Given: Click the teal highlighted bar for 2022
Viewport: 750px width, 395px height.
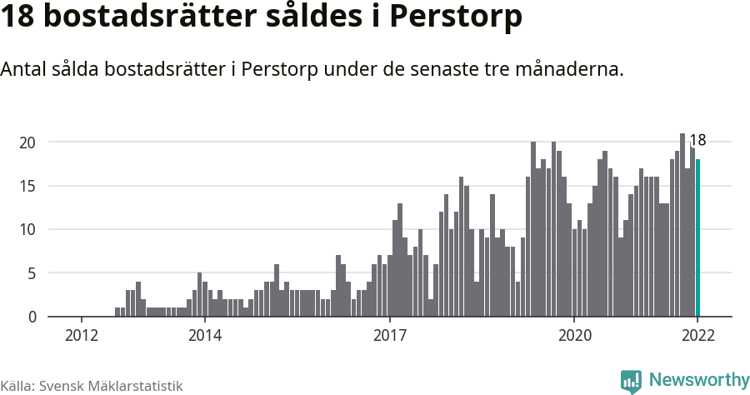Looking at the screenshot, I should coord(698,237).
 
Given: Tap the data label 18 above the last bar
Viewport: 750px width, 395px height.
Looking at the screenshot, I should coord(697,141).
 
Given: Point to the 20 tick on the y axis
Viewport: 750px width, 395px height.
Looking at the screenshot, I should coord(28,142).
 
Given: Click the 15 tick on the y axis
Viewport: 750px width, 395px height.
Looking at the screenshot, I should coord(28,186).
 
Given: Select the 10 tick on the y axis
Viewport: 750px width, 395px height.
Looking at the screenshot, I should coord(28,229).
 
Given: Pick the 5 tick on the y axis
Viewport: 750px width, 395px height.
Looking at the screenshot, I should coord(32,273).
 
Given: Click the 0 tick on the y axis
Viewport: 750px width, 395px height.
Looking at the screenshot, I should coord(32,317).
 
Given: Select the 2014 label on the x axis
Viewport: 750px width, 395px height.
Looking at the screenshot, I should coord(205,335).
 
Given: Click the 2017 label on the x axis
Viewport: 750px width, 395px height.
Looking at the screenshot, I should coord(389,335).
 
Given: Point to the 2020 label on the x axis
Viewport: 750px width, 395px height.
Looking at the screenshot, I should coord(574,335).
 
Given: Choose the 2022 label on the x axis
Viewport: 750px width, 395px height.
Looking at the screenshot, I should coord(697,335).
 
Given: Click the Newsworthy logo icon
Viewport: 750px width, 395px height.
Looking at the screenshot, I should coord(631,381).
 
